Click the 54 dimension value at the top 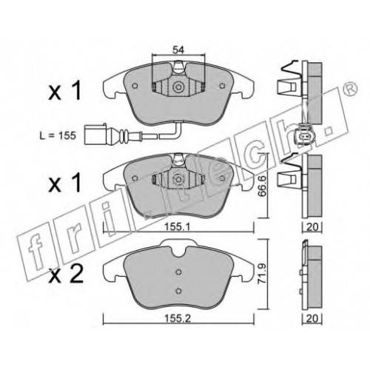[178, 50]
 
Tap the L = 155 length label [58, 135]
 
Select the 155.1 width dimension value [178, 226]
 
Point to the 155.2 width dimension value [178, 318]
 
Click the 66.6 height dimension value [262, 186]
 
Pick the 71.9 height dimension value [262, 274]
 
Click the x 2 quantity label [66, 275]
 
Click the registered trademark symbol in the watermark [351, 88]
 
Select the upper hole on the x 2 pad [179, 272]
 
